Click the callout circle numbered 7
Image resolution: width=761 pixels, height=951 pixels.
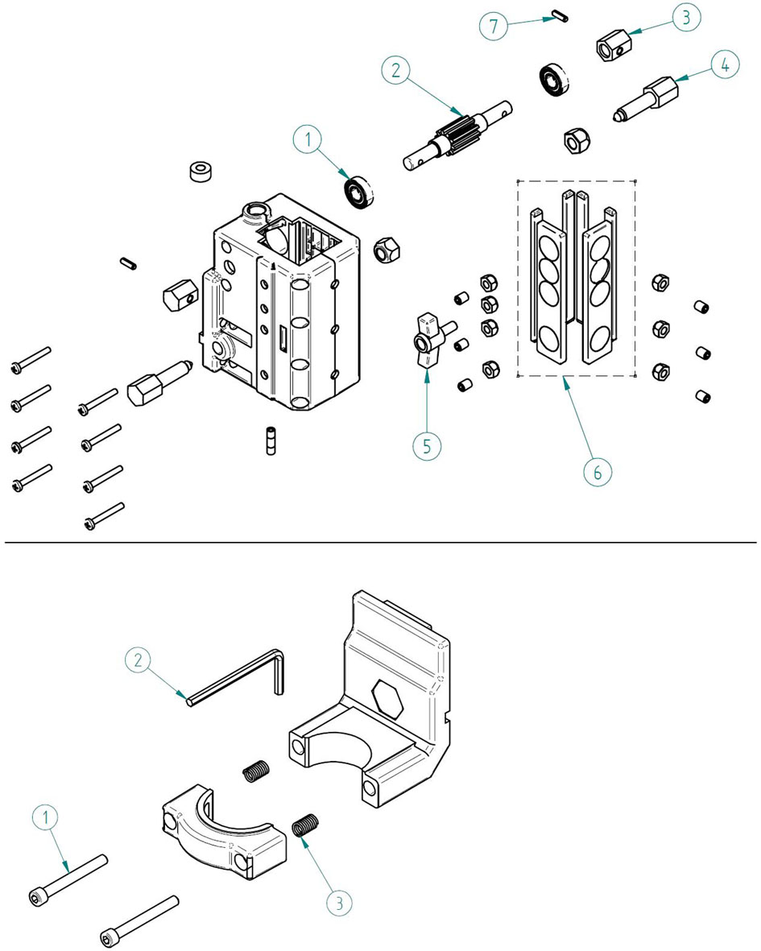pos(493,26)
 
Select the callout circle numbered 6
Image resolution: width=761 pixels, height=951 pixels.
pos(598,472)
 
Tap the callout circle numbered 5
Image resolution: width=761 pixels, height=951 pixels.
pos(427,446)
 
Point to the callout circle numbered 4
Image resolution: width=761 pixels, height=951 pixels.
pos(726,64)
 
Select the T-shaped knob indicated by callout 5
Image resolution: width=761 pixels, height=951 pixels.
pos(432,338)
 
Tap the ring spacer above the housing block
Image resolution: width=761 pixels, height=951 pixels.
pos(202,171)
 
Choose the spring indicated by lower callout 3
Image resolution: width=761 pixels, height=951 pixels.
pos(305,825)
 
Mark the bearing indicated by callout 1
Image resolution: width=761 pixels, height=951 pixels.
pos(358,192)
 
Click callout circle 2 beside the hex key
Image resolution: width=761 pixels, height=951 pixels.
pos(139,659)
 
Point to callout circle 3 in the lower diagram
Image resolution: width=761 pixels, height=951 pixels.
pos(339,903)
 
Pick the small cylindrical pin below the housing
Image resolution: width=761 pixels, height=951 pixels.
pos(271,440)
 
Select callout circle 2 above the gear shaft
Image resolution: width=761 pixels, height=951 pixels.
pos(396,70)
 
